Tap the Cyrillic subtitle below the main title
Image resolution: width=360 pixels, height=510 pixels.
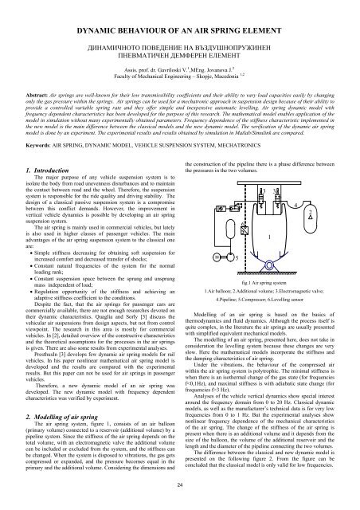[x=180, y=53]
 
